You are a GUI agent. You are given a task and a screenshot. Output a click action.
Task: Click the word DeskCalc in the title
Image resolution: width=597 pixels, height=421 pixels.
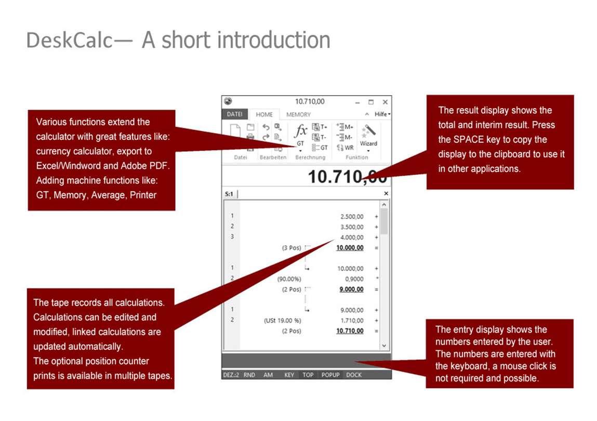click(69, 41)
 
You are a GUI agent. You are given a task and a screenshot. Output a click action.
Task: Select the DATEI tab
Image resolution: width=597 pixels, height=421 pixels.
click(234, 114)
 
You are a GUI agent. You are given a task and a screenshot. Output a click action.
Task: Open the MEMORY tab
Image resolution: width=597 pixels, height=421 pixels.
click(298, 114)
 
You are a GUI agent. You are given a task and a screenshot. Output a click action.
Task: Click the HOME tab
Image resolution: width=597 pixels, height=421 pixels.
click(264, 114)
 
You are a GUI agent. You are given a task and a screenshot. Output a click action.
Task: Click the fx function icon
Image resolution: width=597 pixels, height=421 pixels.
click(300, 130)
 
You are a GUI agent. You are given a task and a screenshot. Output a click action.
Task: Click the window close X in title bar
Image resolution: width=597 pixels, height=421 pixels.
click(386, 102)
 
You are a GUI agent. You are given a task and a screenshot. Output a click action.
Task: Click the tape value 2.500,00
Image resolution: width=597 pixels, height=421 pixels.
click(352, 216)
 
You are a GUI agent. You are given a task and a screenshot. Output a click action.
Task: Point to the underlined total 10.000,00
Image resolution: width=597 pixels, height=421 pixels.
click(350, 247)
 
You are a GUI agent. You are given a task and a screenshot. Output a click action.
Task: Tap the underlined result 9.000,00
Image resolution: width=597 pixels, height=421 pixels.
click(351, 289)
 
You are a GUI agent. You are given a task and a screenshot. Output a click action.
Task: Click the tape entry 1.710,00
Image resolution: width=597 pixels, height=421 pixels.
click(352, 320)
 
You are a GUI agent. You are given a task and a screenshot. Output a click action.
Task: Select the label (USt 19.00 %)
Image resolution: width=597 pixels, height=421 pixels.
click(283, 320)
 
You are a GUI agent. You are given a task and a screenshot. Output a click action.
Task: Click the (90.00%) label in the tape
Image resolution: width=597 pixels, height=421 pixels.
click(289, 279)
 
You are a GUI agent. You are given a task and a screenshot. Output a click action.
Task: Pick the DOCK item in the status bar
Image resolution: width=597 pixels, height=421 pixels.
click(354, 375)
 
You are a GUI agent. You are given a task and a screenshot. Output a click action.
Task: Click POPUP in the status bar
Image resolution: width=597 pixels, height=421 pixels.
click(330, 375)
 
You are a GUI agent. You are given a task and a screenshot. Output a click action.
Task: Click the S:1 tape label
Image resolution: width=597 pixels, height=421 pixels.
click(229, 194)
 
